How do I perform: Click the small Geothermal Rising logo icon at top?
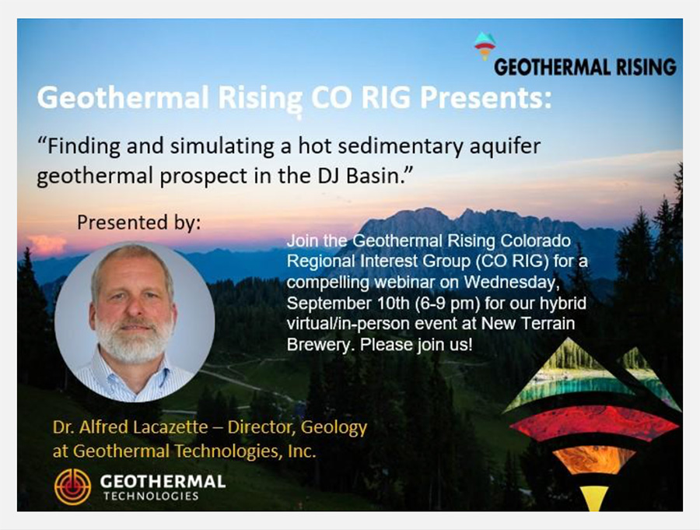(485, 46)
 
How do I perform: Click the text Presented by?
(139, 222)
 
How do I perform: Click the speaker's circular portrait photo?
(135, 321)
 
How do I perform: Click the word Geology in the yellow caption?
(334, 428)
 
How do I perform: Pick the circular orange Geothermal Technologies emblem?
(73, 486)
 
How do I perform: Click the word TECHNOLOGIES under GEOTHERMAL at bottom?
(151, 496)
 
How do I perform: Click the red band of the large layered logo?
(593, 423)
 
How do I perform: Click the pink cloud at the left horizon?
(47, 245)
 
